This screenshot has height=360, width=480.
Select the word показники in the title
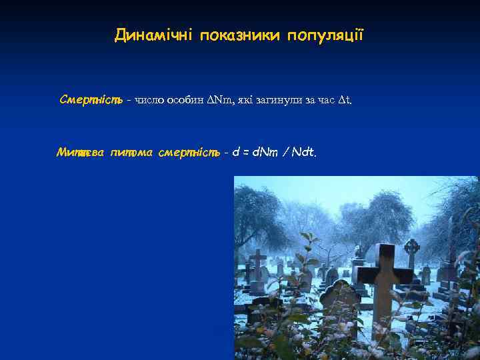(x=238, y=35)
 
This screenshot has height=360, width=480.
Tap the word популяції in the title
(x=326, y=35)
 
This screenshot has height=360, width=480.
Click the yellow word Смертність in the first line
(x=90, y=100)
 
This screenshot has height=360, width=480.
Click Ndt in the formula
(x=301, y=153)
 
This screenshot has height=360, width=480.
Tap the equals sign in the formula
(x=245, y=153)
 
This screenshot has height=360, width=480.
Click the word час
(x=324, y=101)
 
